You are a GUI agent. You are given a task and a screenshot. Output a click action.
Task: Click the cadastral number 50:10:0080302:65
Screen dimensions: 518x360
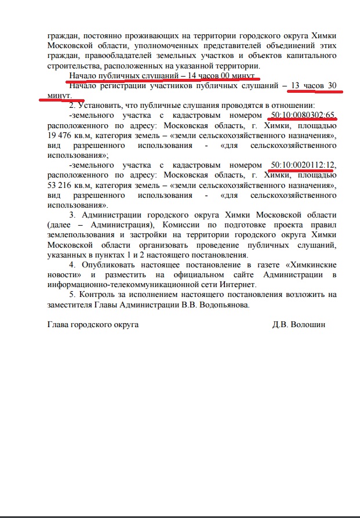(x=303, y=115)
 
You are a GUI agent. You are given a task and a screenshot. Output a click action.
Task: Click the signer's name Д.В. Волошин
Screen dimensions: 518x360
(x=299, y=325)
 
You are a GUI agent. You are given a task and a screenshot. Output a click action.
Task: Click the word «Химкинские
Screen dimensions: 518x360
(x=304, y=265)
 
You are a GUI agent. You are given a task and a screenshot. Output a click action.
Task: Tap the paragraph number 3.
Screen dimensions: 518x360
(x=72, y=215)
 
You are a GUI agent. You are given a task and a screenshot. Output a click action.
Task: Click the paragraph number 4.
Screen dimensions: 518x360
(x=72, y=265)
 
